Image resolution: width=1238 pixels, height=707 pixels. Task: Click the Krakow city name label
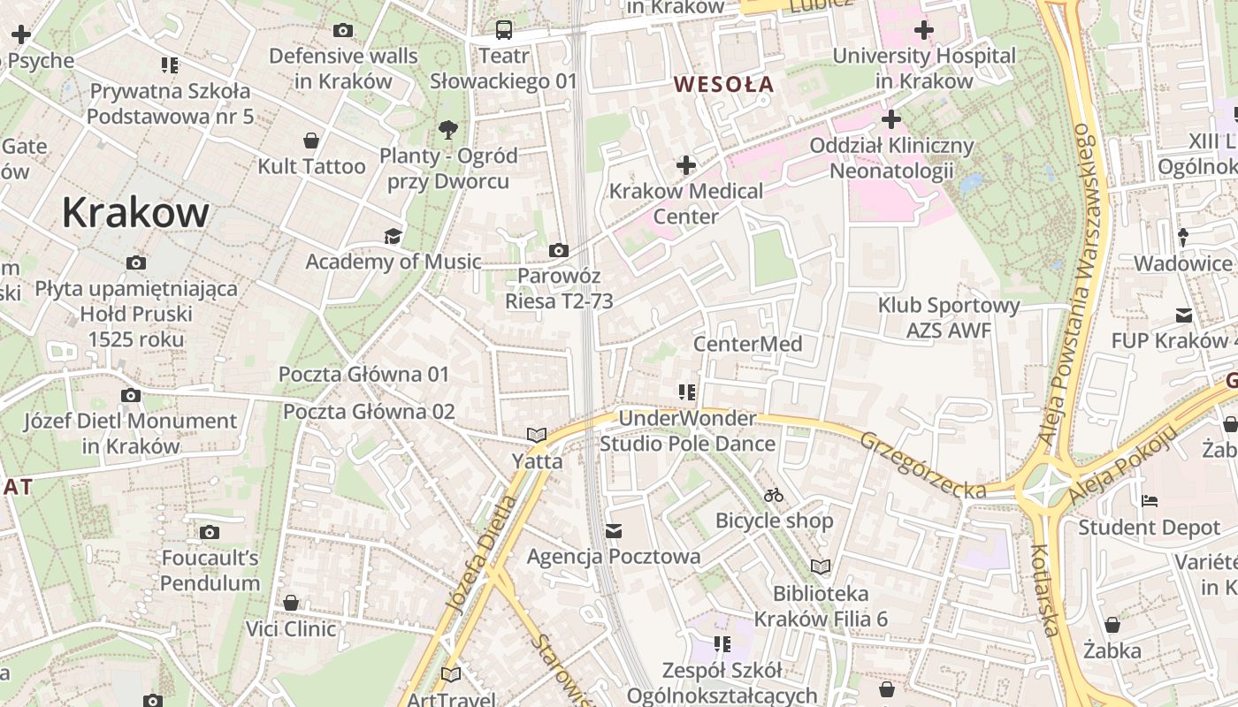[x=135, y=213]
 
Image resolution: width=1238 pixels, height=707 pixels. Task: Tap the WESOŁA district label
[x=723, y=85]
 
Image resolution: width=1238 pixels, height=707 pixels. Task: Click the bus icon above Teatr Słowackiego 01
[x=504, y=30]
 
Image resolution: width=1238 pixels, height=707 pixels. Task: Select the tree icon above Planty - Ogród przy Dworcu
[x=448, y=130]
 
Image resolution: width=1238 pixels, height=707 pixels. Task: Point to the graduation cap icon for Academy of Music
[x=393, y=236]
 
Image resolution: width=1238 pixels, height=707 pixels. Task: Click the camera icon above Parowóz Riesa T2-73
[x=558, y=251]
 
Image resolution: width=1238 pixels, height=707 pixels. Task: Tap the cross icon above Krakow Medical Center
[x=686, y=165]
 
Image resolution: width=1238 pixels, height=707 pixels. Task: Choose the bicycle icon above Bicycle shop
[x=774, y=495]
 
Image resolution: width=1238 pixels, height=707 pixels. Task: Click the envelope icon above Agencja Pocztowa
[x=614, y=531]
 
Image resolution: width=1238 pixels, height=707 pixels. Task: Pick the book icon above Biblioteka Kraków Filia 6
[x=821, y=567]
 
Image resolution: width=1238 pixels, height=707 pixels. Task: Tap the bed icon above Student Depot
[x=1149, y=502]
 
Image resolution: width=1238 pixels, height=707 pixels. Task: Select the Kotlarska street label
[x=1045, y=589]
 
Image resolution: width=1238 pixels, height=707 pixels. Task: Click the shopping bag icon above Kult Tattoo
[x=311, y=141]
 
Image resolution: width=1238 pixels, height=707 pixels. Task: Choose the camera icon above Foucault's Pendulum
[x=210, y=532]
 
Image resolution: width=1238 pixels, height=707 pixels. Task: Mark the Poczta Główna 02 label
[x=369, y=412]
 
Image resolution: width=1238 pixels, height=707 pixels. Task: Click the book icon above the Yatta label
[x=537, y=435]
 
